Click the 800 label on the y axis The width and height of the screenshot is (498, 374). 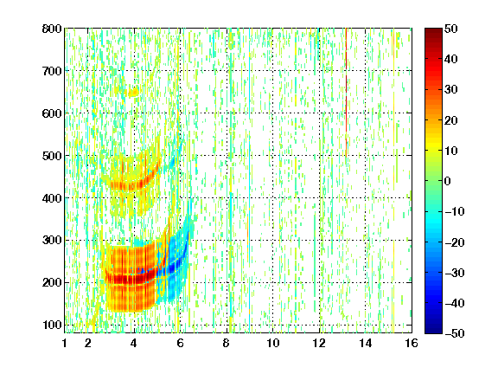pos(52,29)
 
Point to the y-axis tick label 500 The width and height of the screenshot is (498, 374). pos(52,156)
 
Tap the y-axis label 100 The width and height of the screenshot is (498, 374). pos(52,325)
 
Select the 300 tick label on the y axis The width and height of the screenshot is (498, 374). pos(52,241)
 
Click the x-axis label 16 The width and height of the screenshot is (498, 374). pos(412,343)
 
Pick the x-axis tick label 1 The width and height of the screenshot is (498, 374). pos(65,343)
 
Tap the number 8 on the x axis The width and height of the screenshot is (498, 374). pos(227,343)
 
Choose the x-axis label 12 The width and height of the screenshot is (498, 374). pos(319,343)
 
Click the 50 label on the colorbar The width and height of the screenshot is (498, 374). pos(450,29)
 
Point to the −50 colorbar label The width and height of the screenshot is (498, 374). pos(455,333)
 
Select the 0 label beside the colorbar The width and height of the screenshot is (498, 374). pos(448,181)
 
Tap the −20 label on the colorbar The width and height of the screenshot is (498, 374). pos(455,242)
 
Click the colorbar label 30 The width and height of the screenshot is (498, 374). pos(450,90)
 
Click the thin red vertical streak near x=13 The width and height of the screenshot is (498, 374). pos(346,93)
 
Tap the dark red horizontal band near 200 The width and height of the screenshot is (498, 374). pos(131,279)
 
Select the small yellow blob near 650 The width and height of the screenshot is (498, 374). pos(132,93)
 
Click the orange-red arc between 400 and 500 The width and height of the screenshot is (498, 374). pos(133,184)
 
